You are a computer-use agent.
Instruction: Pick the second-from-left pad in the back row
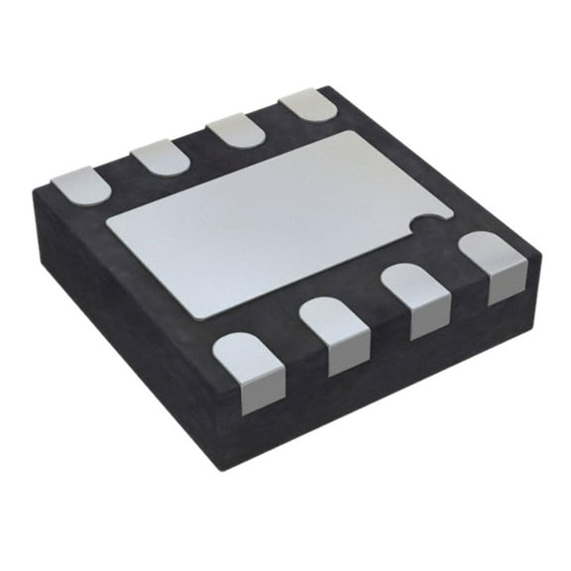click(160, 157)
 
